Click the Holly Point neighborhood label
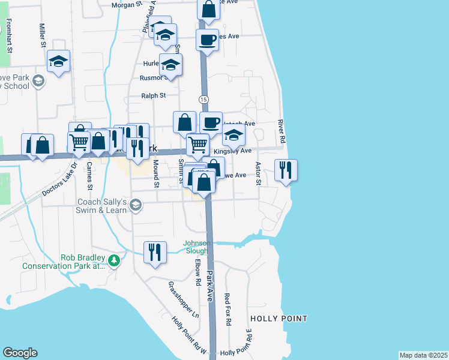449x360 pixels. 279,319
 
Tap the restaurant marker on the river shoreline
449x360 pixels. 286,170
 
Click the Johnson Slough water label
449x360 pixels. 196,247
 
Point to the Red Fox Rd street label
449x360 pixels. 228,309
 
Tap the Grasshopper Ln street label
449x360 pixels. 184,299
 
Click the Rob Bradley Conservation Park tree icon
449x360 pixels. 113,260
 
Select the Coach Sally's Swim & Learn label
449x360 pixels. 101,206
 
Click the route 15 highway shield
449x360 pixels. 204,98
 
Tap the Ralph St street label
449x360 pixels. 153,95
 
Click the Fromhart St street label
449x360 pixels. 10,36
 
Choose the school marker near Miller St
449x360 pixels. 59,61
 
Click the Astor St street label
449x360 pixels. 259,173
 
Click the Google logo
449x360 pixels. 20,353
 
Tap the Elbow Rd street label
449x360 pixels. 196,272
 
